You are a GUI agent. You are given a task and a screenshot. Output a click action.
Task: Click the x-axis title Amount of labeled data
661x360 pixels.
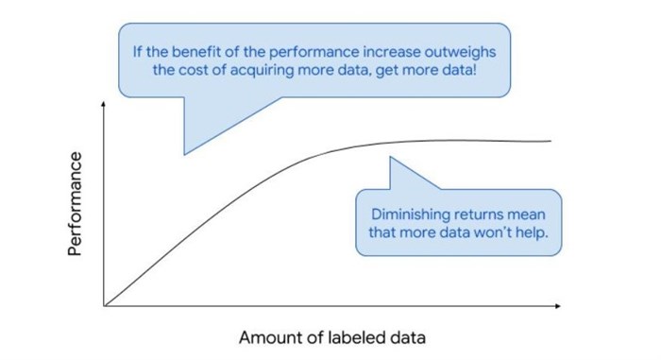pyautogui.click(x=331, y=337)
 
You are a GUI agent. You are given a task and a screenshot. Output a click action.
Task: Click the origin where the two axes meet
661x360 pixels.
pyautogui.click(x=105, y=306)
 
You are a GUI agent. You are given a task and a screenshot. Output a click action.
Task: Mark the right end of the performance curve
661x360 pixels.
pyautogui.click(x=551, y=142)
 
